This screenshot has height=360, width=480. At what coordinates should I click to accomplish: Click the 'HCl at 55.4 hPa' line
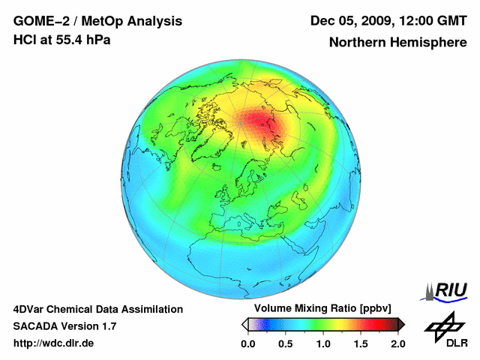(62, 40)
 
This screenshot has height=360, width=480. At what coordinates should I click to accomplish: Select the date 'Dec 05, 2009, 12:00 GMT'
(388, 20)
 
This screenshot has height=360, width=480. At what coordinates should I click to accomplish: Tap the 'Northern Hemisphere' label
(397, 43)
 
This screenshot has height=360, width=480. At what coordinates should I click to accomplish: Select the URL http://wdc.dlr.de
(54, 343)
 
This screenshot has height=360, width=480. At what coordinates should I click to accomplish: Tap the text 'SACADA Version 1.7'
(64, 326)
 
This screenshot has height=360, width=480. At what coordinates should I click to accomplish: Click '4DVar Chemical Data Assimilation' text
(98, 309)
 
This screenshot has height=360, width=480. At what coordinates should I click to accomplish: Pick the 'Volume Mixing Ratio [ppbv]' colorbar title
(319, 309)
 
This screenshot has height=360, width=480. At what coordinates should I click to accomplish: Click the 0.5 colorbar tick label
(285, 343)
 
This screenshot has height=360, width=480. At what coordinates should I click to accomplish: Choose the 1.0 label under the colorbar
(322, 343)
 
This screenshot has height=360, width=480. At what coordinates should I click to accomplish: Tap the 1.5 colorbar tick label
(360, 343)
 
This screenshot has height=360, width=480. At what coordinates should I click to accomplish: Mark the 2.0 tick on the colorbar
(397, 343)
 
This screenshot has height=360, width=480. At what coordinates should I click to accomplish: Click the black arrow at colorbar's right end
(401, 324)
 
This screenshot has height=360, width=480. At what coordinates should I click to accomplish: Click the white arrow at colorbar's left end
(244, 324)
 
